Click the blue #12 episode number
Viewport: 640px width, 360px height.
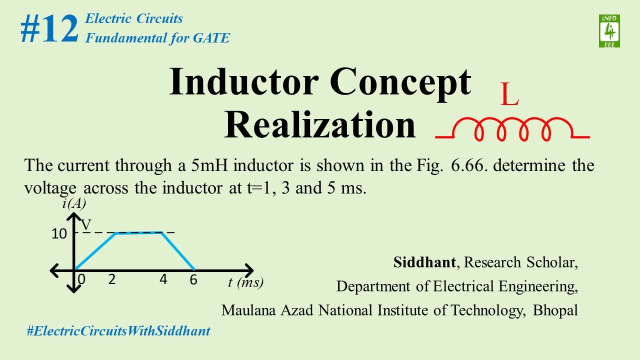(49, 29)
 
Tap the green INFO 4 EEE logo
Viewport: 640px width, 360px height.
(609, 31)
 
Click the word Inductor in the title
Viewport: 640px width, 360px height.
(244, 81)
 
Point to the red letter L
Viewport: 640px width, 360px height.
(509, 95)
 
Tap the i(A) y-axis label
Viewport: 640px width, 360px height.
(74, 204)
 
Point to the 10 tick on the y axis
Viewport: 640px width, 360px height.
(59, 233)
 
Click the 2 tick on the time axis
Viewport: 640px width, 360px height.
(112, 279)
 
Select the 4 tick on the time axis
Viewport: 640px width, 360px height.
(163, 279)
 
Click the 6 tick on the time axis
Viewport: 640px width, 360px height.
(193, 280)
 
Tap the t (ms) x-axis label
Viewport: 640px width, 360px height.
(245, 282)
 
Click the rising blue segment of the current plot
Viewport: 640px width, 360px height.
(95, 251)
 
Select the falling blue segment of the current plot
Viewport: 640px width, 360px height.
(178, 251)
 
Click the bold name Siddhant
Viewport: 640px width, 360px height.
(424, 262)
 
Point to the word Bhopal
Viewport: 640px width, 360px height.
(555, 310)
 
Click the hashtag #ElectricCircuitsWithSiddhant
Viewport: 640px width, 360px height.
(118, 330)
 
